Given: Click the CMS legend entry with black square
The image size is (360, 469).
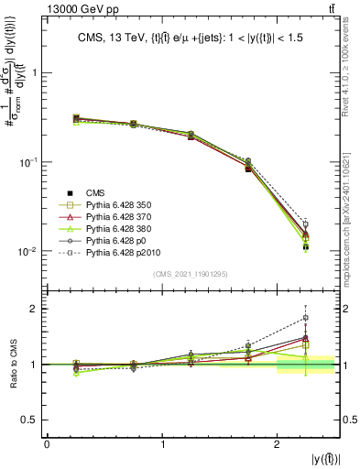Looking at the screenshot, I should (95, 191).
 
